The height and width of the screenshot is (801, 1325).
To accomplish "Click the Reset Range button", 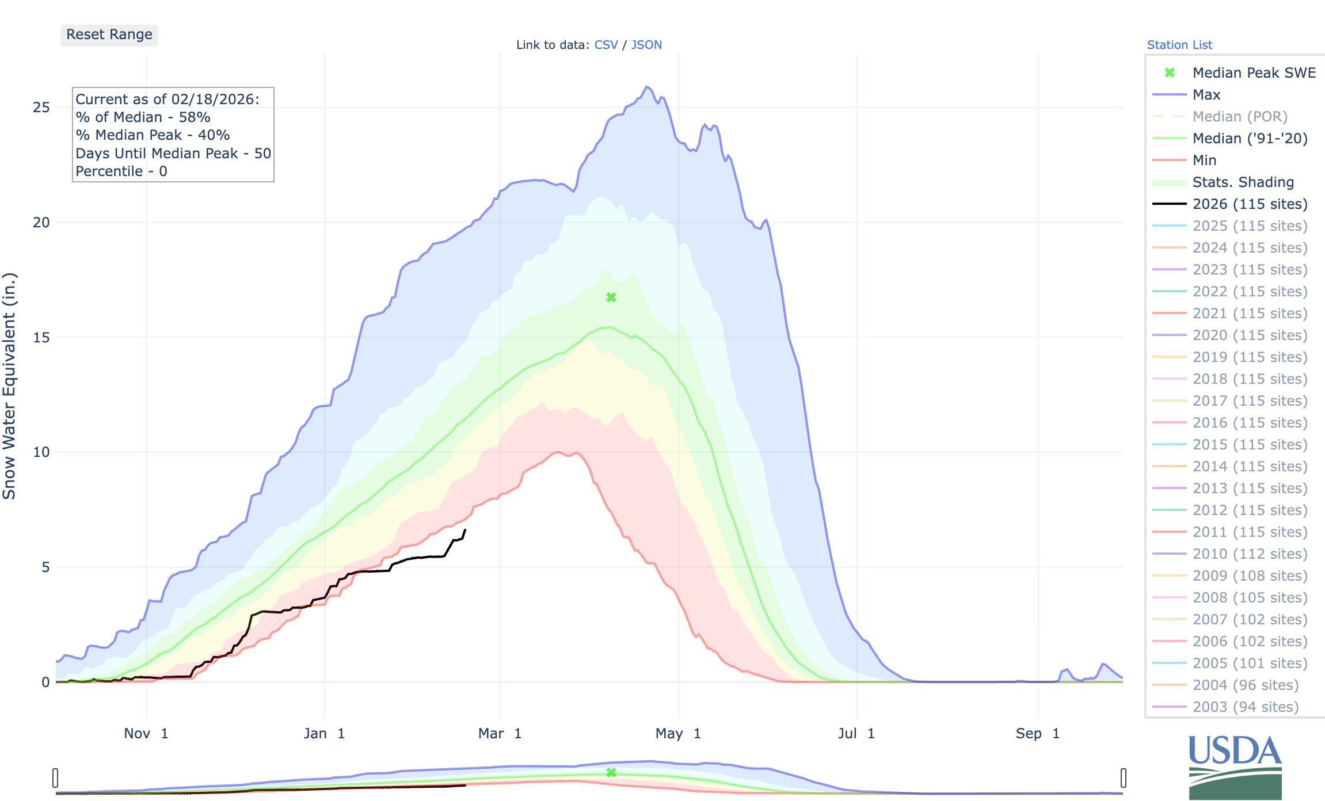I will pyautogui.click(x=109, y=35).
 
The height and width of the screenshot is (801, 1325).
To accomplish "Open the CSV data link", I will pyautogui.click(x=606, y=45).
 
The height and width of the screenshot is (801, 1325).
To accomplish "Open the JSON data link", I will pyautogui.click(x=646, y=45).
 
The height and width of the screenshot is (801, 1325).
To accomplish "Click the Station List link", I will pyautogui.click(x=1179, y=45).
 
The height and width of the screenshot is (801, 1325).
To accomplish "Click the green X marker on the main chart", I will pyautogui.click(x=611, y=297).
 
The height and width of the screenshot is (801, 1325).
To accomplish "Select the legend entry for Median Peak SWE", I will pyautogui.click(x=1254, y=73).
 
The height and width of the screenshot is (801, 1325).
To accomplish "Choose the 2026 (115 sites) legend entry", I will pyautogui.click(x=1250, y=204).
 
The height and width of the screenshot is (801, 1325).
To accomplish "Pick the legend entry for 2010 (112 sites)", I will pyautogui.click(x=1250, y=554).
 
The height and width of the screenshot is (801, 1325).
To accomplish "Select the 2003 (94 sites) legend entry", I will pyautogui.click(x=1246, y=707).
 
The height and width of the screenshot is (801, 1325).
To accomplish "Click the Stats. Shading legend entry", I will pyautogui.click(x=1243, y=182).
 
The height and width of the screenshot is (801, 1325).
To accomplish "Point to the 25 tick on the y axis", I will pyautogui.click(x=41, y=108).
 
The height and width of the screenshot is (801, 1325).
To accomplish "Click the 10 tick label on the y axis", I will pyautogui.click(x=41, y=452).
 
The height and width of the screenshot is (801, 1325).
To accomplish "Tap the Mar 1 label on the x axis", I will pyautogui.click(x=500, y=734).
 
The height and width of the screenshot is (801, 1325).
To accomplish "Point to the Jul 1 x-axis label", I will pyautogui.click(x=856, y=734).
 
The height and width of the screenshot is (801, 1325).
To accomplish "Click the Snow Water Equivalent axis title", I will pyautogui.click(x=10, y=386).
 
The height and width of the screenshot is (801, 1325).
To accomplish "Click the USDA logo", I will pyautogui.click(x=1235, y=766).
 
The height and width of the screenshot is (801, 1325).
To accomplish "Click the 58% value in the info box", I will pyautogui.click(x=195, y=117).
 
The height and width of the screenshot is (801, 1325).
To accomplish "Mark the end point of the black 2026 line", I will pyautogui.click(x=465, y=530).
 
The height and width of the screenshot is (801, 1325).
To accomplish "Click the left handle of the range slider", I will pyautogui.click(x=55, y=778).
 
